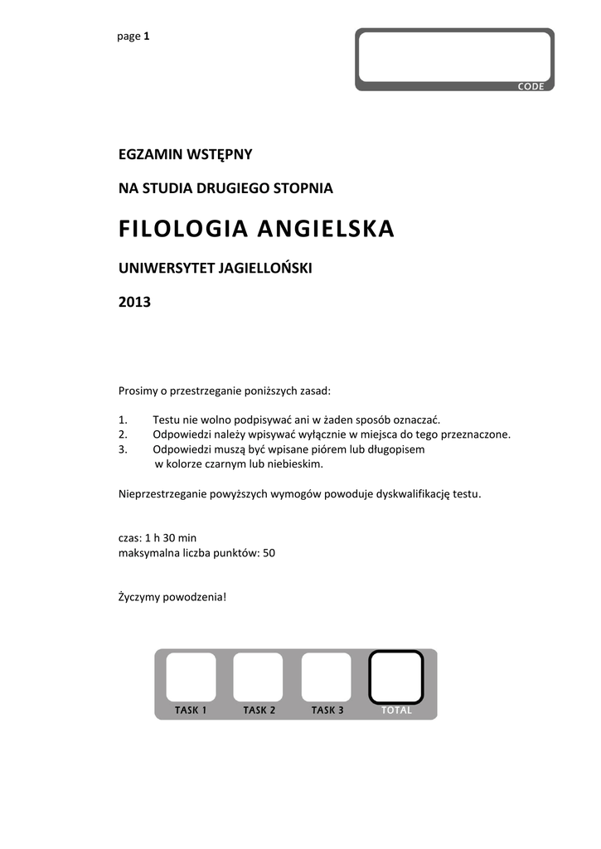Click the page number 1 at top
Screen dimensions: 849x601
click(x=147, y=36)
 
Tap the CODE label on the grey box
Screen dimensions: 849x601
click(x=531, y=87)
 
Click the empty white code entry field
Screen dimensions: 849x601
click(x=454, y=56)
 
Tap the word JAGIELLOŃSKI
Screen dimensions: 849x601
click(x=265, y=268)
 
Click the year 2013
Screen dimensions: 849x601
click(x=135, y=302)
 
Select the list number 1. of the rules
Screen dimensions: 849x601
click(x=124, y=420)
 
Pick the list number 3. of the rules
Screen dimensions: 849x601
click(x=124, y=449)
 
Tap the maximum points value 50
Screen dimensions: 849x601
click(x=269, y=552)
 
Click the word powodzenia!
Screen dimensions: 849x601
click(x=197, y=597)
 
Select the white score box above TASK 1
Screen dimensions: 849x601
click(x=191, y=677)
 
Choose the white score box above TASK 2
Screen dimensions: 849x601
click(x=258, y=677)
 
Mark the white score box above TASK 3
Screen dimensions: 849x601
click(x=326, y=677)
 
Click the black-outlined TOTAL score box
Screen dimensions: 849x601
click(x=395, y=677)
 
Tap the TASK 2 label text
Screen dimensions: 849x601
click(x=259, y=711)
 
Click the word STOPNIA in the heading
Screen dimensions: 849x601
click(x=305, y=189)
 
